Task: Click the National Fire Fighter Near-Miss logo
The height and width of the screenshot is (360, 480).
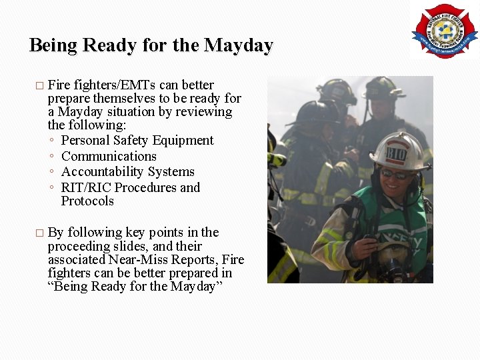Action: pos(444,30)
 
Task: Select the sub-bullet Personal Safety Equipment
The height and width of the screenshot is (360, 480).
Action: pos(137,141)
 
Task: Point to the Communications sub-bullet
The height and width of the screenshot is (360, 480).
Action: pos(109,157)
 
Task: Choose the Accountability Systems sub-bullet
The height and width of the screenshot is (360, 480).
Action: pos(128,172)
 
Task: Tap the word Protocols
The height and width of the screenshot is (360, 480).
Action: pos(87,201)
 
